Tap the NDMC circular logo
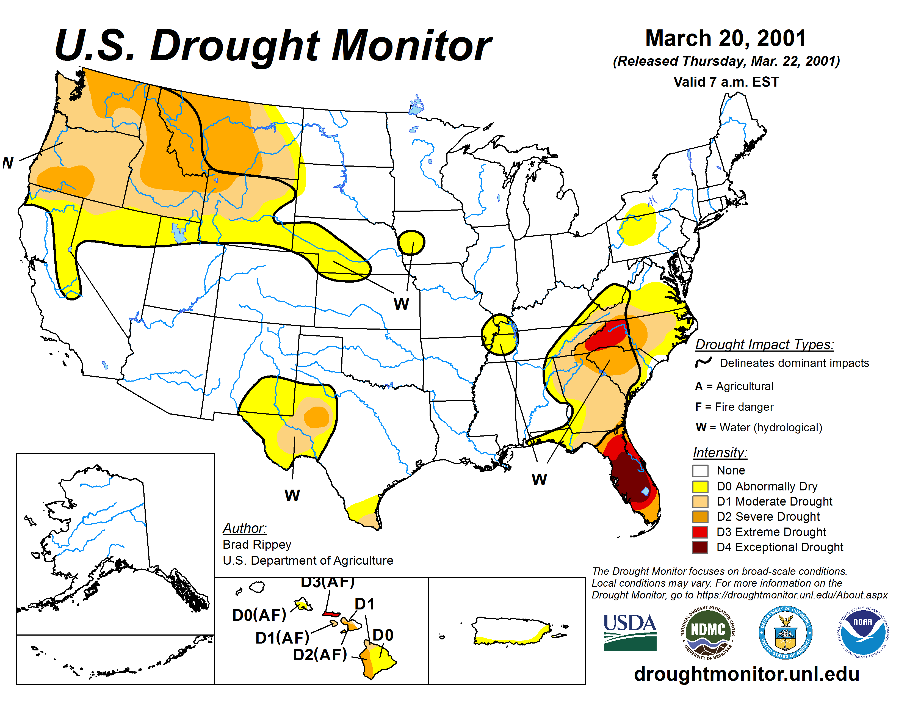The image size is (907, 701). click(708, 633)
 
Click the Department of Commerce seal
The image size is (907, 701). click(785, 633)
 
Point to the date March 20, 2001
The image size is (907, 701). click(726, 38)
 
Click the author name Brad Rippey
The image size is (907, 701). click(257, 544)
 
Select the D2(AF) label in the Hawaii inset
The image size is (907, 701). click(320, 655)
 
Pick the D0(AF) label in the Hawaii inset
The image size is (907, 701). click(259, 615)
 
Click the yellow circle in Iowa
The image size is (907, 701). click(411, 242)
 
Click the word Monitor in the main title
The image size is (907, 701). click(411, 46)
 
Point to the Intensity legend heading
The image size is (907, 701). click(720, 452)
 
